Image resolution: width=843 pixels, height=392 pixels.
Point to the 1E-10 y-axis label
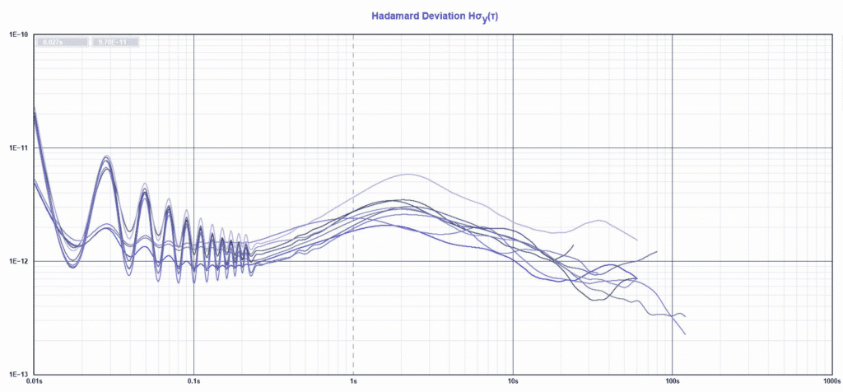point(19,35)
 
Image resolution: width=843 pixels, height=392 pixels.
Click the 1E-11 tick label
point(19,148)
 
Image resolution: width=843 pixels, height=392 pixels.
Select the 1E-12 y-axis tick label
point(19,261)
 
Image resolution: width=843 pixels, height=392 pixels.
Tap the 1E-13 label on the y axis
point(19,373)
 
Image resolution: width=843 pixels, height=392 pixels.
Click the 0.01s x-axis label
point(35,383)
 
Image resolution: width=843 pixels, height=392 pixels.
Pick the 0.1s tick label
point(194,383)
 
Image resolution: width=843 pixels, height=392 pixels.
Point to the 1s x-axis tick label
point(353,383)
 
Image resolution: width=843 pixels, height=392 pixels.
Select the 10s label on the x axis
point(513,383)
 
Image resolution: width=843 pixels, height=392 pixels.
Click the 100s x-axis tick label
point(673,383)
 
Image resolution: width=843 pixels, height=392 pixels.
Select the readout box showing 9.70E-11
point(114,41)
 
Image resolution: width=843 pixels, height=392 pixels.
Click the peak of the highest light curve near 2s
point(408,174)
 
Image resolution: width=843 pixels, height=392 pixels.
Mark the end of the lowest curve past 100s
point(685,334)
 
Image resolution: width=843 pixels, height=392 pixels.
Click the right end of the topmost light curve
point(637,240)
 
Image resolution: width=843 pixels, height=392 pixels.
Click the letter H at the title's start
point(376,16)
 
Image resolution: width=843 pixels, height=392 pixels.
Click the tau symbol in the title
point(491,16)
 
